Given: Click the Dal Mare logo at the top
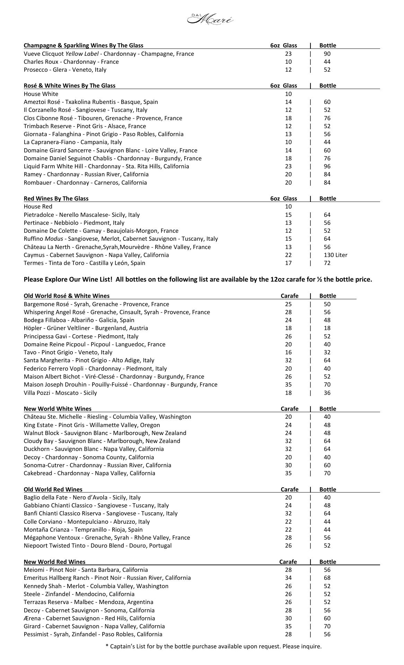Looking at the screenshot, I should tap(210, 19).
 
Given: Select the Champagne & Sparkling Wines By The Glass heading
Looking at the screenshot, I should tap(83, 45).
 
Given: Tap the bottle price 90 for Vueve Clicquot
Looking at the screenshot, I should tap(327, 54).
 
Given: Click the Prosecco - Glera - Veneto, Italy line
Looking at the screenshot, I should tap(65, 70).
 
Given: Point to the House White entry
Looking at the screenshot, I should tap(41, 94).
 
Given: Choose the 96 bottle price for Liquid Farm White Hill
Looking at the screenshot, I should tap(327, 166).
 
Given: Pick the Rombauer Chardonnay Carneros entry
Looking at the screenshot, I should tap(85, 183).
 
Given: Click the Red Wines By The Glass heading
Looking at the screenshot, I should tap(56, 198).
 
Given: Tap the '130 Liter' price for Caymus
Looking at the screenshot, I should tap(335, 255).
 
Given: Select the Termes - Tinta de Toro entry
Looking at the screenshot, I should tap(84, 263).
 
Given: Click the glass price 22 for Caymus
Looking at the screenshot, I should tap(288, 255).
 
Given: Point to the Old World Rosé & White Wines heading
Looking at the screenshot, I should tap(67, 296).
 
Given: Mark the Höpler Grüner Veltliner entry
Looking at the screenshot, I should tap(86, 328).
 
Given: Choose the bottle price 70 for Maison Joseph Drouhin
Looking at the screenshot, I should tap(327, 384).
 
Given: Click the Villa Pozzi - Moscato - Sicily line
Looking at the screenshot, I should tap(60, 393).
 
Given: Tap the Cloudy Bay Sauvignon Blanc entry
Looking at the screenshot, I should tap(102, 441).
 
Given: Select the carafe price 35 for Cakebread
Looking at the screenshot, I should tap(288, 473).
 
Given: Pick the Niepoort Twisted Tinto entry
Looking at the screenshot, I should tap(97, 546).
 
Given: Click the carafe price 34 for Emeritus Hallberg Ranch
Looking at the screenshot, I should tap(288, 578).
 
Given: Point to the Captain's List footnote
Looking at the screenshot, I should tap(213, 646).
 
